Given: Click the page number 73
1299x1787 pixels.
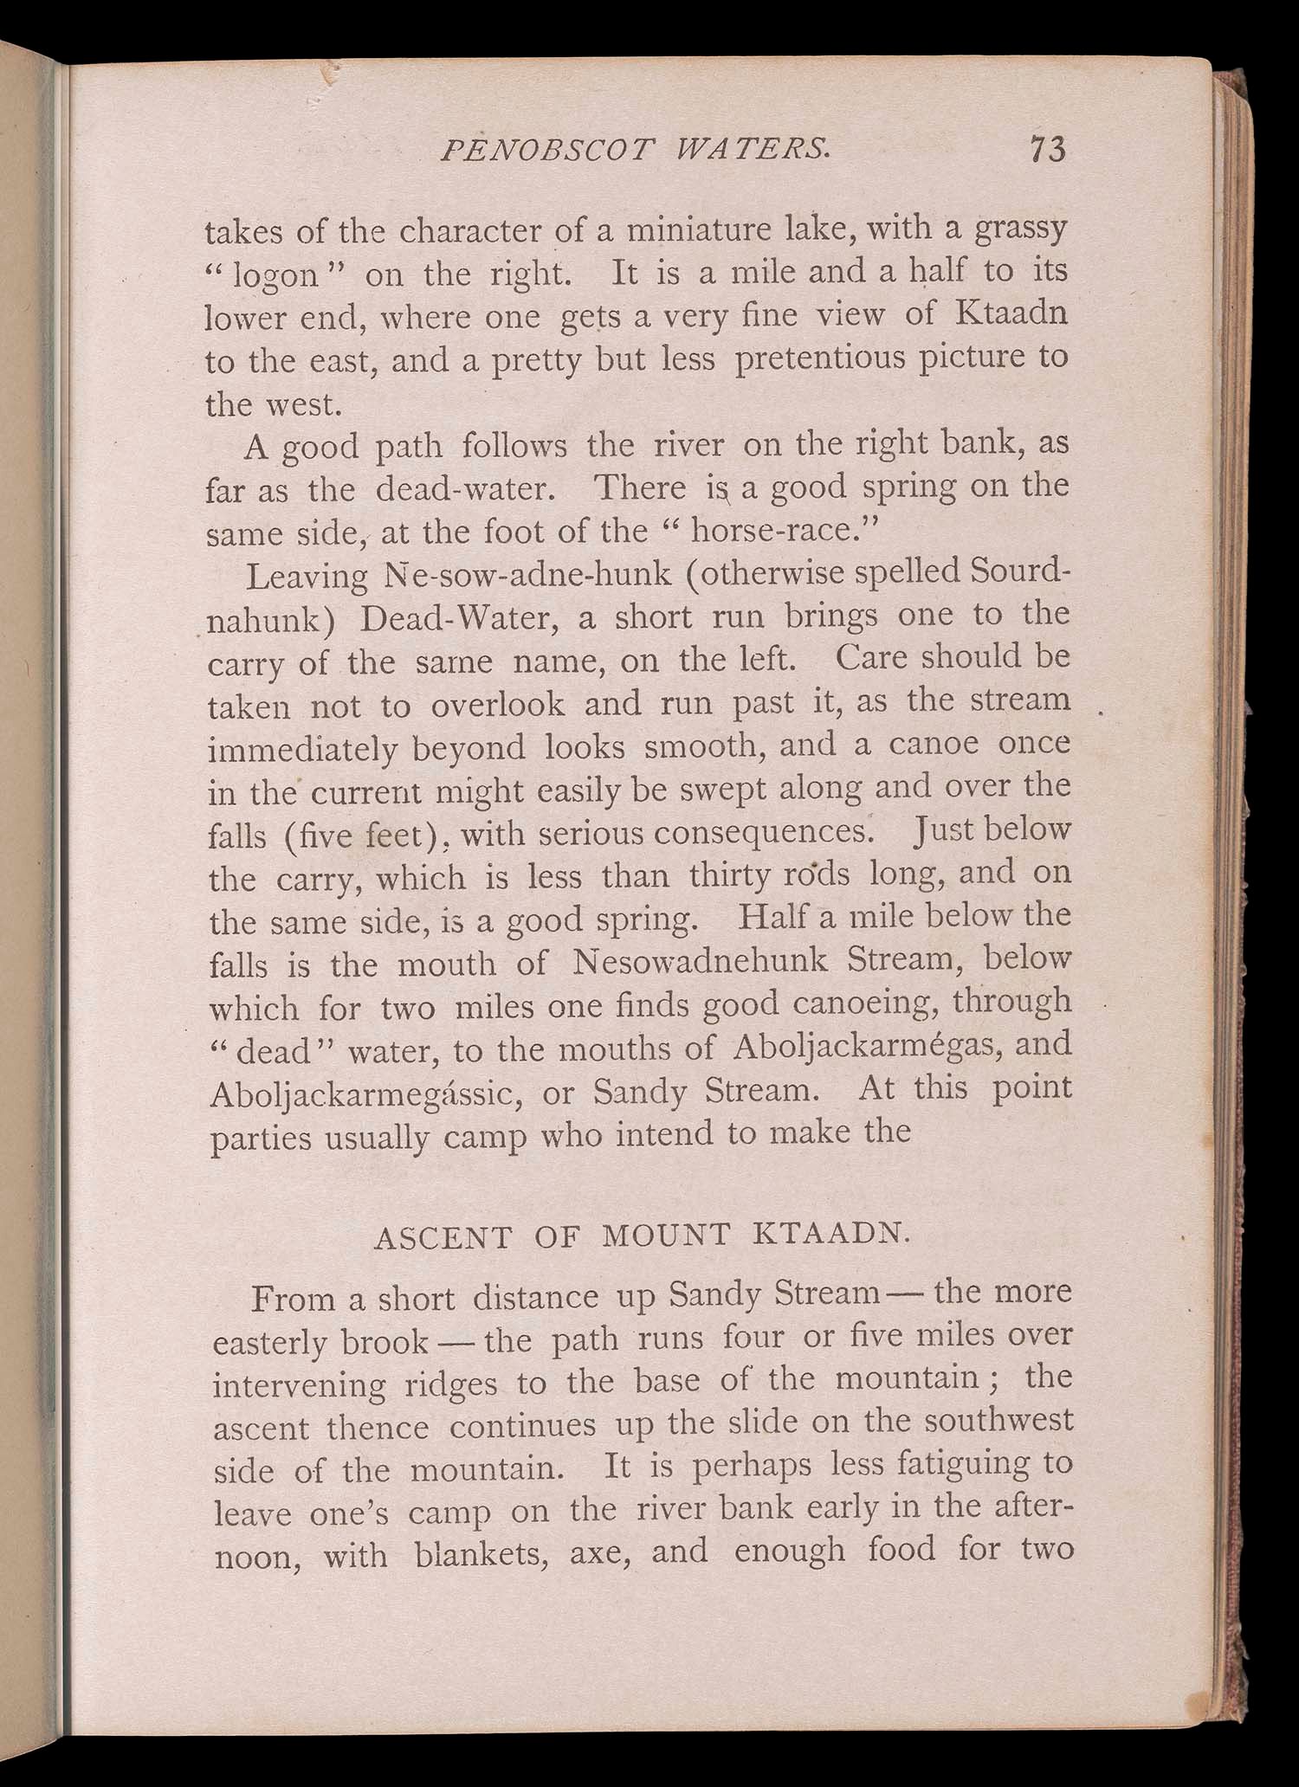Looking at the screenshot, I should point(1047,149).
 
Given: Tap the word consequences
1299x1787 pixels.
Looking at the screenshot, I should point(762,833).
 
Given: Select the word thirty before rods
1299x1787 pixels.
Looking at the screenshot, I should point(727,877).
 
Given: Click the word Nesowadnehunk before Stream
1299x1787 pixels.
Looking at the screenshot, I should point(701,962).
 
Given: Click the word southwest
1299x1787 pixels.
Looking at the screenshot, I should point(998,1421).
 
